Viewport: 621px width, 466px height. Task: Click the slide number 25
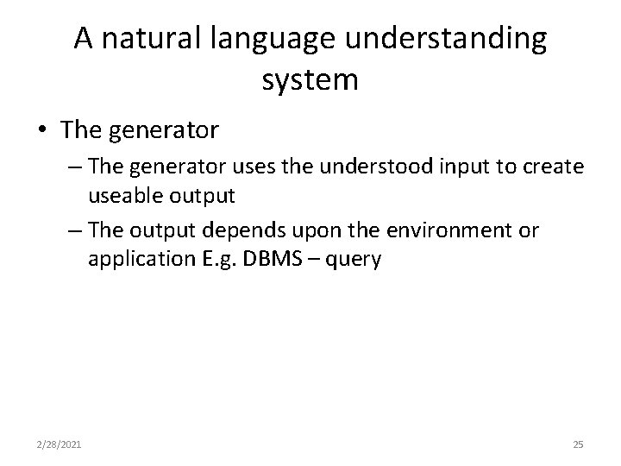578,445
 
